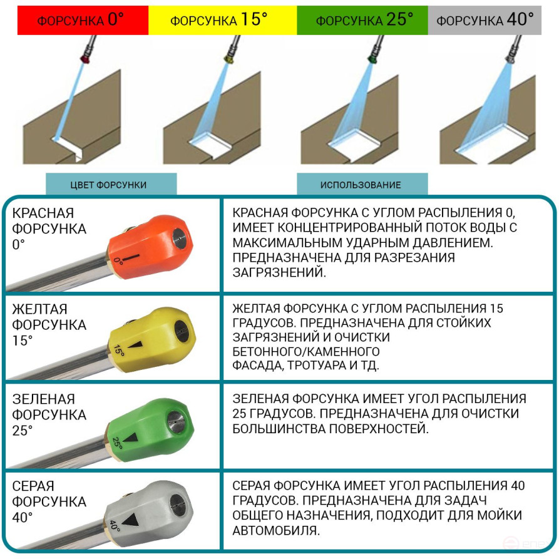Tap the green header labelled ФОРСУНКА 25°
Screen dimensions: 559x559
point(364,19)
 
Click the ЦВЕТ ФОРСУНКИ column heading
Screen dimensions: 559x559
point(110,185)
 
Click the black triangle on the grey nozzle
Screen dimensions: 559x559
point(131,520)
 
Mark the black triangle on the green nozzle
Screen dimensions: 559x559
point(131,438)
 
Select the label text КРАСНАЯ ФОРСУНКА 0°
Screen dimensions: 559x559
point(49,228)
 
